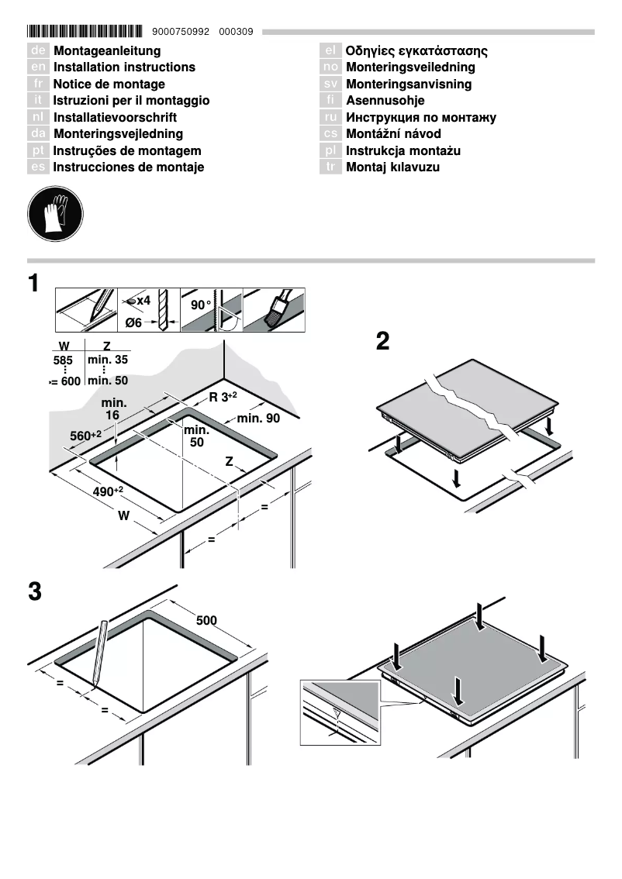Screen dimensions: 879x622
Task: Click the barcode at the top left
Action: [85, 32]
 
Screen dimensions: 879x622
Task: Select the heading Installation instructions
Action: [124, 67]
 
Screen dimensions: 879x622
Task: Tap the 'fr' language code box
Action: [39, 84]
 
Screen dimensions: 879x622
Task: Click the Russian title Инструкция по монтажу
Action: [420, 118]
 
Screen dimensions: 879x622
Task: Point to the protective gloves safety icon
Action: [54, 212]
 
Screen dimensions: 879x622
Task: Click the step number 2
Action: [382, 342]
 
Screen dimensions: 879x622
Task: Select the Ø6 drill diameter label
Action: [134, 322]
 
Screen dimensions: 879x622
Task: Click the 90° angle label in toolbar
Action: [201, 305]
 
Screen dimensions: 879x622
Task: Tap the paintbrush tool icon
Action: [275, 310]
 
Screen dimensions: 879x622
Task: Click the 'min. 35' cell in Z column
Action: [108, 360]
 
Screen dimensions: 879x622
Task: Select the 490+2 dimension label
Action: [108, 492]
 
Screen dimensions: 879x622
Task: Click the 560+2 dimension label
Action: [85, 436]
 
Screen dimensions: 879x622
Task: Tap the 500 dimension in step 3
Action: [206, 620]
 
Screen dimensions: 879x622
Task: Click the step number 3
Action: [34, 591]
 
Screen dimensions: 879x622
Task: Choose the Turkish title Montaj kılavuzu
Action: [392, 167]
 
